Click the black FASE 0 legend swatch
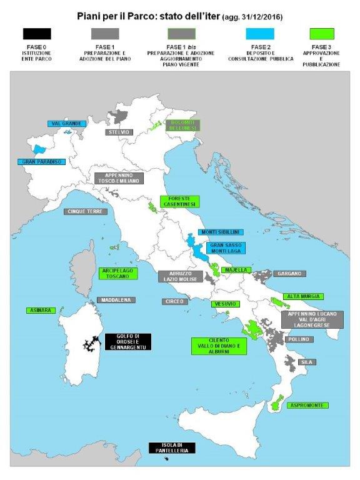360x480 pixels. point(36,34)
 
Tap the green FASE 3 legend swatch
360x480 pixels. point(322,34)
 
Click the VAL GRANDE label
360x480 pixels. point(66,124)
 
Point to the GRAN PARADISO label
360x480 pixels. point(41,161)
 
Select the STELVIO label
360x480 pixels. point(119,132)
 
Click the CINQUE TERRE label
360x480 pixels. point(86,211)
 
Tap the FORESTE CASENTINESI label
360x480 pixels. point(179,201)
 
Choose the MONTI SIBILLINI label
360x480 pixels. point(220,232)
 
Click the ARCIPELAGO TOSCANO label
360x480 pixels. point(117,273)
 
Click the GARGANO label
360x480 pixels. point(288,274)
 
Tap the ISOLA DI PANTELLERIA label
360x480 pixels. point(172,447)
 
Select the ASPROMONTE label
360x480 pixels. point(307,406)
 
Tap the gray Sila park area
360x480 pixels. point(290,361)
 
